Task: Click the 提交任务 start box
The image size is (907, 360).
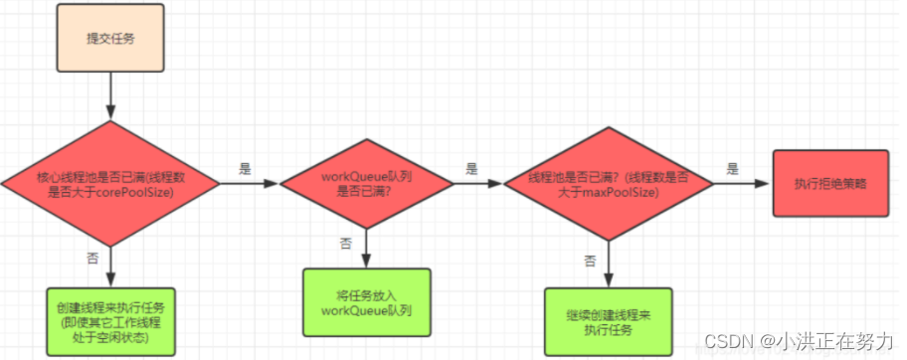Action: (x=110, y=42)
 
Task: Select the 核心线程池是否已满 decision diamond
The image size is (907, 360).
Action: (x=110, y=184)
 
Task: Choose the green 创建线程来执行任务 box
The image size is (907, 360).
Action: (x=110, y=319)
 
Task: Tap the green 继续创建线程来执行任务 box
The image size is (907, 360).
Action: (x=608, y=321)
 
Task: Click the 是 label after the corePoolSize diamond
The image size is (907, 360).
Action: (x=246, y=168)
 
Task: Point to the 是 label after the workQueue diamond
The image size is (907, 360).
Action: (x=471, y=168)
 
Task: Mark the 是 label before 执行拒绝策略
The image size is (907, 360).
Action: (x=733, y=168)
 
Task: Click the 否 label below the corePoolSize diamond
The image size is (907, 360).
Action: (x=91, y=259)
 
